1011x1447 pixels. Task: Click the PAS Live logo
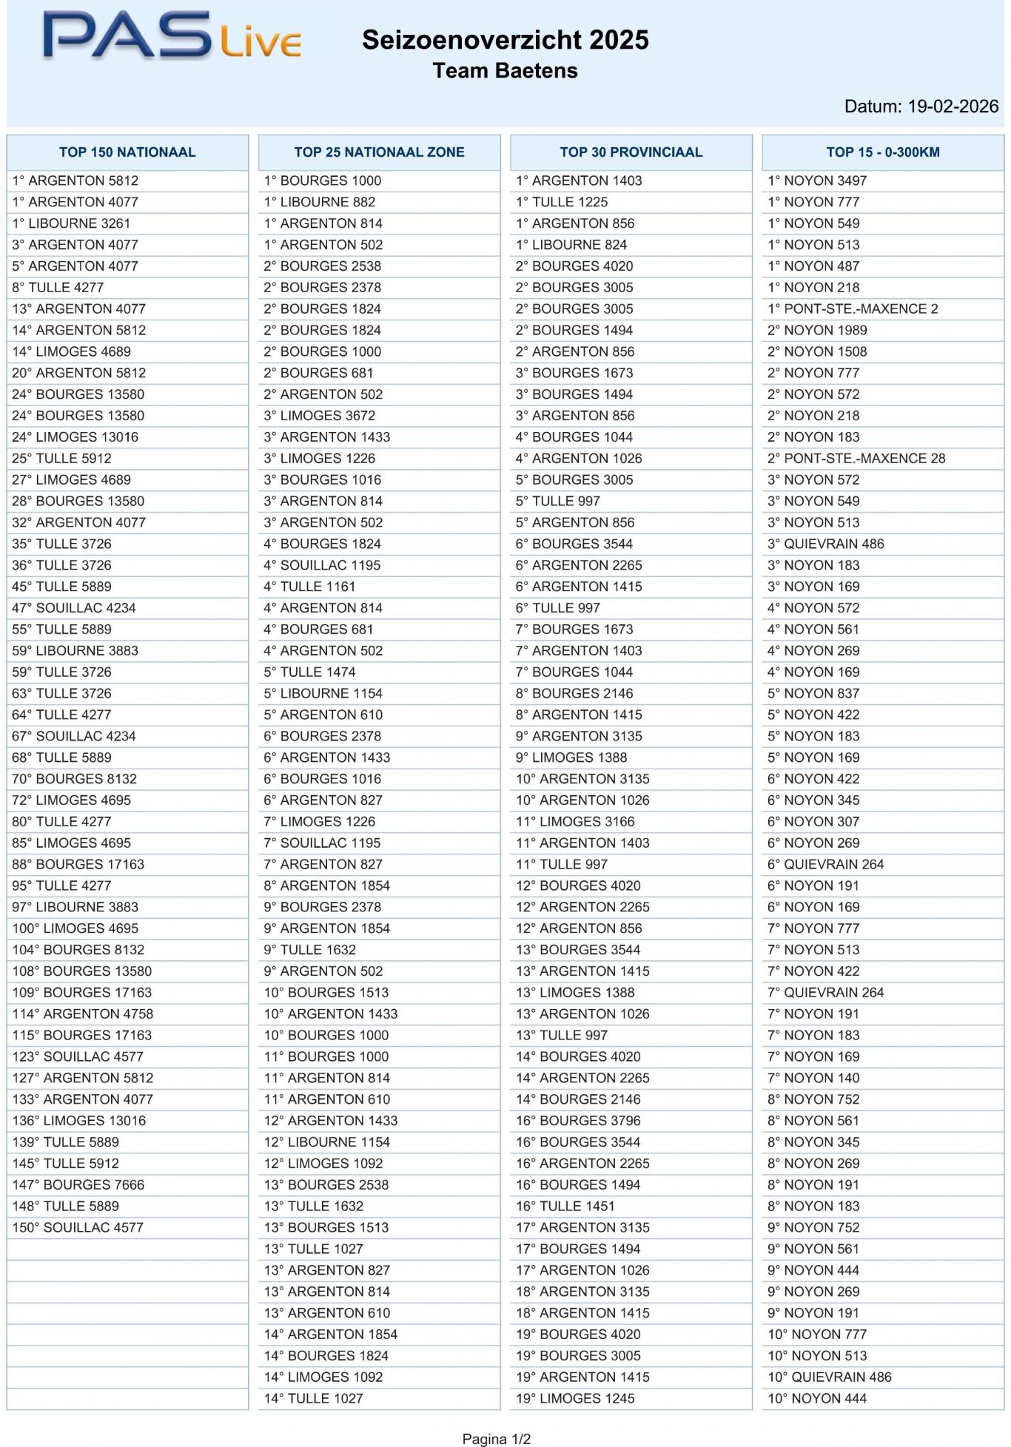click(x=172, y=37)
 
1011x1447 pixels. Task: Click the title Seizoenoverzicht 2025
click(x=505, y=40)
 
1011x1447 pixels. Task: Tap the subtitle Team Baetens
click(x=505, y=71)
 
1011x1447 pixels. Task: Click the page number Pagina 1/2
click(x=497, y=1439)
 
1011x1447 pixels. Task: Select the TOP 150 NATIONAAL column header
click(x=127, y=152)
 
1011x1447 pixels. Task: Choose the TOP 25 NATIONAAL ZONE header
click(x=379, y=152)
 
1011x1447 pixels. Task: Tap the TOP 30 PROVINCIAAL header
click(x=631, y=152)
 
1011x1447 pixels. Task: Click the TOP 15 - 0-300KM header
click(x=883, y=152)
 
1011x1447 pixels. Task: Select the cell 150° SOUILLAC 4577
click(x=78, y=1227)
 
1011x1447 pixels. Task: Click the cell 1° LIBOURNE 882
click(x=320, y=202)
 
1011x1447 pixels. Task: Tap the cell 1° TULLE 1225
click(x=562, y=202)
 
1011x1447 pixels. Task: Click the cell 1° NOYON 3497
click(x=817, y=181)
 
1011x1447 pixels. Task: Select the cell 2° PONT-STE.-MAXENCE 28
click(x=856, y=459)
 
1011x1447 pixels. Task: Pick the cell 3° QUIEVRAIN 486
click(x=826, y=544)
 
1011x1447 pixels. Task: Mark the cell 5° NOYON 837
click(x=813, y=693)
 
